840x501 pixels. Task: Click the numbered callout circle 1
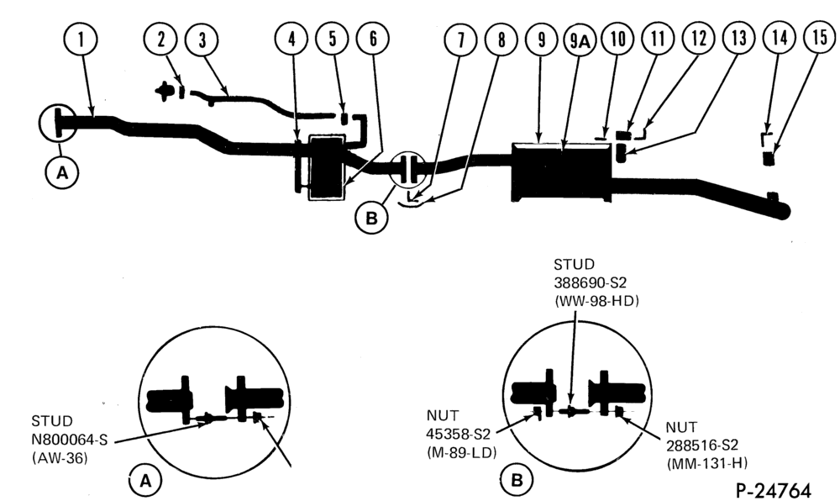[x=81, y=40]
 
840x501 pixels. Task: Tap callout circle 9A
[x=580, y=40]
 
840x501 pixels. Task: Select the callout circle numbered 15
[x=819, y=38]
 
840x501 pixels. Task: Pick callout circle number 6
[x=373, y=39]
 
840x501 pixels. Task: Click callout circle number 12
[x=699, y=39]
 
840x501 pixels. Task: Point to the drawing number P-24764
[x=774, y=490]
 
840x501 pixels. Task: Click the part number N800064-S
[x=70, y=440]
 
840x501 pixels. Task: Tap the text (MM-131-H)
[x=707, y=463]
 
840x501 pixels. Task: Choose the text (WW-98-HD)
[x=596, y=301]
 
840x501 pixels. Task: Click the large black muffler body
[x=561, y=171]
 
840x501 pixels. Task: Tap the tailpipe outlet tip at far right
[x=783, y=211]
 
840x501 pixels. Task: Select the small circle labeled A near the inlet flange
[x=63, y=173]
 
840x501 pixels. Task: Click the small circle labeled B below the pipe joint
[x=371, y=218]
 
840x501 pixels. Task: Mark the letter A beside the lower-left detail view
[x=145, y=481]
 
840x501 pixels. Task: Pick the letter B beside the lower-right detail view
[x=517, y=480]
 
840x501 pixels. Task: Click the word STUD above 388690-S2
[x=574, y=265]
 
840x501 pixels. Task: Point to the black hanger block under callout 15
[x=769, y=159]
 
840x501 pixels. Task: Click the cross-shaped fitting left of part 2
[x=164, y=91]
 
